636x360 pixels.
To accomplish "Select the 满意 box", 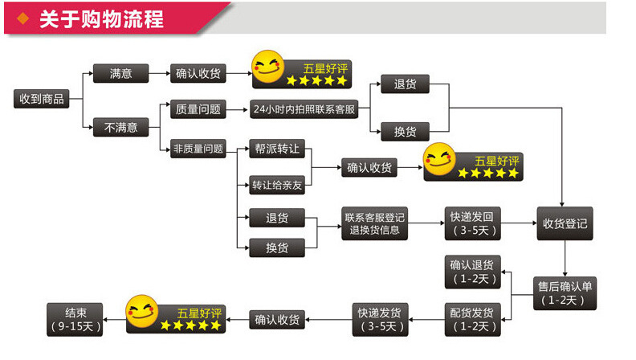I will pyautogui.click(x=121, y=74).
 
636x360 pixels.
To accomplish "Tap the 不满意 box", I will pyautogui.click(x=121, y=127).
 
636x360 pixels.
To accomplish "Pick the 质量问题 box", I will pyautogui.click(x=195, y=109).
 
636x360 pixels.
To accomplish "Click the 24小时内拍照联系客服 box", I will pyautogui.click(x=304, y=109).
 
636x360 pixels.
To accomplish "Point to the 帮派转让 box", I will pyautogui.click(x=277, y=149).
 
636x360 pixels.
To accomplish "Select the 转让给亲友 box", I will pyautogui.click(x=277, y=184).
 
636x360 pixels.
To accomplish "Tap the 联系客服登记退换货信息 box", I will pyautogui.click(x=374, y=223).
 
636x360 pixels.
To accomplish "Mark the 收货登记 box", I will pyautogui.click(x=565, y=223).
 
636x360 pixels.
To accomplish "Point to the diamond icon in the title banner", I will pyautogui.click(x=25, y=18).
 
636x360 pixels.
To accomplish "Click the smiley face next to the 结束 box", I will pyautogui.click(x=142, y=313).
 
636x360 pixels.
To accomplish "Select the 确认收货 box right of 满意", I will pyautogui.click(x=198, y=74).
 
